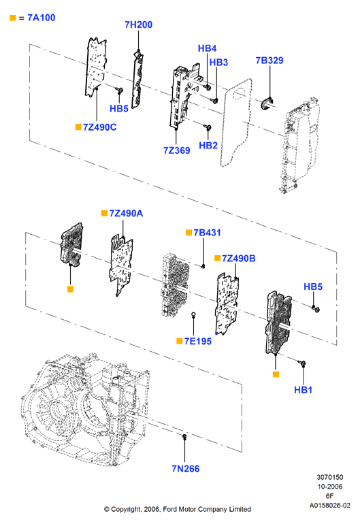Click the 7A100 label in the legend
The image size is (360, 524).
(41, 18)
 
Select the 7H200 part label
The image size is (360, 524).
(138, 24)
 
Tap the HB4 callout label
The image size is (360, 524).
(208, 48)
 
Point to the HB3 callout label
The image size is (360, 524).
(218, 63)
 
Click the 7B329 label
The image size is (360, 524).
(269, 61)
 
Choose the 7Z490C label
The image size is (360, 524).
(99, 127)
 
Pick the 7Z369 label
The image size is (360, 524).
(177, 150)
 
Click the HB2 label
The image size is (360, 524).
(208, 146)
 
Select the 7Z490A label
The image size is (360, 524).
(126, 213)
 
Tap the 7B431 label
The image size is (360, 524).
(208, 233)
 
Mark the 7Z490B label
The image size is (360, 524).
(239, 259)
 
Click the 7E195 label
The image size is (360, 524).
(198, 341)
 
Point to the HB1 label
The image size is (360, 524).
(303, 390)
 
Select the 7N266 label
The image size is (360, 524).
(186, 469)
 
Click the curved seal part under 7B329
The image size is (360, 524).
(267, 103)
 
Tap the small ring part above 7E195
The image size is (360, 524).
(193, 314)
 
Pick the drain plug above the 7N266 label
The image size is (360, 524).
(184, 436)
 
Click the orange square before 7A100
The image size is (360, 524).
(13, 18)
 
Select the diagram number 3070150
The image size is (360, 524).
(330, 477)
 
